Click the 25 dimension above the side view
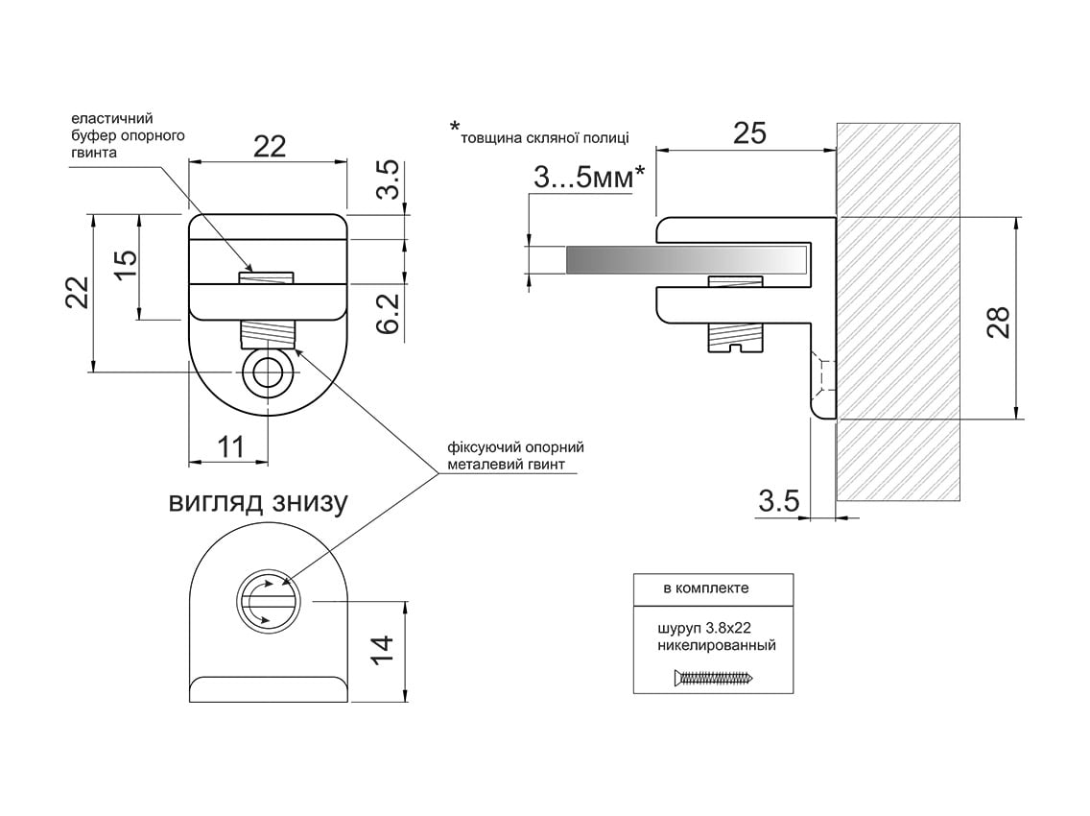(x=749, y=132)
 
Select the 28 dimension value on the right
(x=998, y=322)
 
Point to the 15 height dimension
(x=125, y=265)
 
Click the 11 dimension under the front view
(x=231, y=445)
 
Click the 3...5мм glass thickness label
(x=589, y=179)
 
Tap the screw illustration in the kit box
(x=714, y=677)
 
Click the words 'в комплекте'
(x=705, y=588)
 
